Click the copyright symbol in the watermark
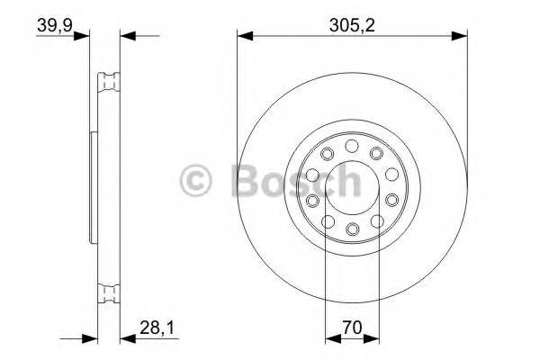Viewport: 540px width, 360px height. [197, 182]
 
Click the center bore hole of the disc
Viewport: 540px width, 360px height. [352, 186]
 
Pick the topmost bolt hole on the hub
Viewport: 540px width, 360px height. [352, 146]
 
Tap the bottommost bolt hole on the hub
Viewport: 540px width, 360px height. [352, 226]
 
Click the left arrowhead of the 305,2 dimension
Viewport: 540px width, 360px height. [244, 37]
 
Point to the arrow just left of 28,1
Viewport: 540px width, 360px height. [127, 339]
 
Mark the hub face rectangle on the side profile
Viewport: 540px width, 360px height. [94, 186]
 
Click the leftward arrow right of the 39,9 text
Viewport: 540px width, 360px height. [127, 37]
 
